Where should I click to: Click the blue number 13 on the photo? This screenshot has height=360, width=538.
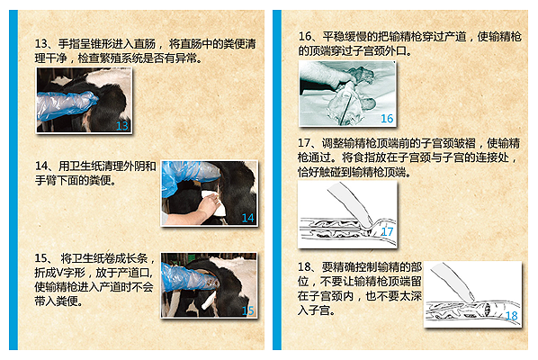(x=122, y=126)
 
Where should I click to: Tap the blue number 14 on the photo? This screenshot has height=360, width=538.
(x=247, y=218)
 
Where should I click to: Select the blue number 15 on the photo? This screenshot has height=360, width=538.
(x=247, y=310)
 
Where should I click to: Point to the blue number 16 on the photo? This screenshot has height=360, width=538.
(x=387, y=119)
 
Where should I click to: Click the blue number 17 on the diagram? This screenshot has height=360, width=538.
(x=388, y=231)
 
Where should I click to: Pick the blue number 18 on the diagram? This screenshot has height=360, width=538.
(x=512, y=315)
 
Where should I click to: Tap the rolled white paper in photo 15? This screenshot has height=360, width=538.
(x=209, y=301)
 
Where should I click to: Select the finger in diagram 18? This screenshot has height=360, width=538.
(x=453, y=282)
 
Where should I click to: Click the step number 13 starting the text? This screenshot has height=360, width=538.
(x=40, y=44)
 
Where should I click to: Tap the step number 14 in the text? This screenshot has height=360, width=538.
(x=41, y=166)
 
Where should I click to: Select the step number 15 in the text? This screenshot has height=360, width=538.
(x=40, y=258)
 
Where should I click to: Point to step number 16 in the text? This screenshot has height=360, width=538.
(x=304, y=36)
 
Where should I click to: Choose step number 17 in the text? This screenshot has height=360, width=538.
(x=304, y=143)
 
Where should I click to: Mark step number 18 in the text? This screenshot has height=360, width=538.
(x=304, y=266)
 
